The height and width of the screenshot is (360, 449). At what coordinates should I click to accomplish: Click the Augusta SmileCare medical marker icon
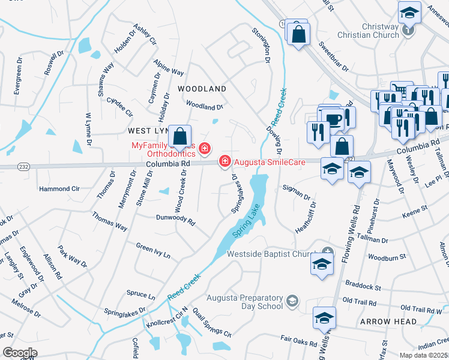[225, 161]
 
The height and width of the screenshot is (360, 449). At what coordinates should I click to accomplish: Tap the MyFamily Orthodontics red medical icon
[205, 148]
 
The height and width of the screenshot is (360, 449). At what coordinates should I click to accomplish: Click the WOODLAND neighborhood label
[202, 89]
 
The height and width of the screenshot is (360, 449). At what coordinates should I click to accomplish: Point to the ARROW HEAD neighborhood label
[388, 322]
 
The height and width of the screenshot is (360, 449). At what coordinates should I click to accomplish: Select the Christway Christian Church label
[381, 31]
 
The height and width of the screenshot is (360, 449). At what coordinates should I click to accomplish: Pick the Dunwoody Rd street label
[176, 220]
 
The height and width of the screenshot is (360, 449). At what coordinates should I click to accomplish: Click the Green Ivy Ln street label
[153, 251]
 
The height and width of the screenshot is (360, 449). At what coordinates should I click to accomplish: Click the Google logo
[20, 353]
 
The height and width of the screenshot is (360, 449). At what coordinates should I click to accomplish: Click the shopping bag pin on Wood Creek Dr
[179, 137]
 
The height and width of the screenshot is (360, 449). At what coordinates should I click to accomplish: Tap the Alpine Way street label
[169, 68]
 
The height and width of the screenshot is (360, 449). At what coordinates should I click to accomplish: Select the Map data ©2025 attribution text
[424, 355]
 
